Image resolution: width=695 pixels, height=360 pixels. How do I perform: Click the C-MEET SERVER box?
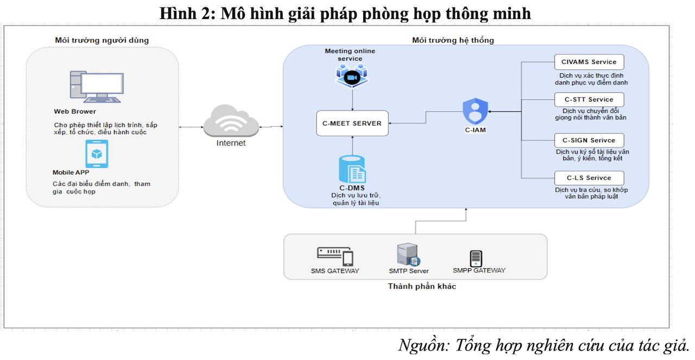352,123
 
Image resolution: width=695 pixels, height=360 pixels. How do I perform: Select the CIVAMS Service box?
589,62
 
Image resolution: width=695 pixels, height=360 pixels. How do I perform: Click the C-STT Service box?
589,99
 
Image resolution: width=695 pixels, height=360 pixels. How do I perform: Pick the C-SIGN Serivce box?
589,140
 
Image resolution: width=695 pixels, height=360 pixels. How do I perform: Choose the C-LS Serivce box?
589,178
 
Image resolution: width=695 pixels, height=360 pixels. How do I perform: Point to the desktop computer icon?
94,87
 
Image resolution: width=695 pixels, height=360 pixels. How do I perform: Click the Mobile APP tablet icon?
97,154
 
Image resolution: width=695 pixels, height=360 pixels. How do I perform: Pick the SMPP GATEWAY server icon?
476,258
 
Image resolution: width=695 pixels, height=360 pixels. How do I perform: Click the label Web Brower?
75,112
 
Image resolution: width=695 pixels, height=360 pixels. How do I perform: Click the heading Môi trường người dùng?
102,40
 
